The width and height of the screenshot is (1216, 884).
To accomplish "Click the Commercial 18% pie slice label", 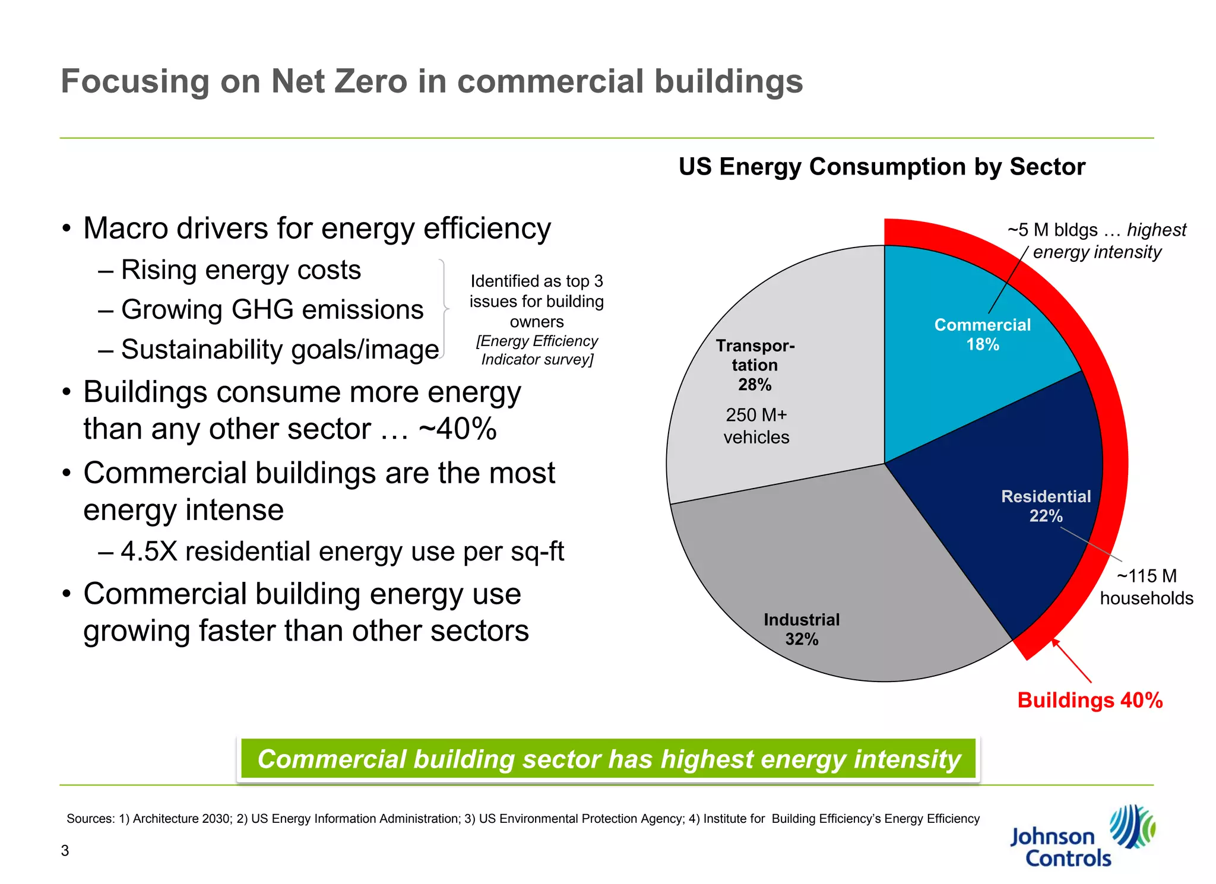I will click(x=982, y=334).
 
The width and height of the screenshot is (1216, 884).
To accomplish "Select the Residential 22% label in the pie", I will click(x=1046, y=506).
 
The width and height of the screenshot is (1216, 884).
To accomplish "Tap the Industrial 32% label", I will click(x=802, y=629).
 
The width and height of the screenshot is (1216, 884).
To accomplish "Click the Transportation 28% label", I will click(x=755, y=365).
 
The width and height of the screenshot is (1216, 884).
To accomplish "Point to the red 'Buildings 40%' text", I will click(x=1090, y=700).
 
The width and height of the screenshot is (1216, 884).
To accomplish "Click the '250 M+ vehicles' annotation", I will click(x=756, y=426).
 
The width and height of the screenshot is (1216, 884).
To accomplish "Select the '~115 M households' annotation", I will click(x=1146, y=587).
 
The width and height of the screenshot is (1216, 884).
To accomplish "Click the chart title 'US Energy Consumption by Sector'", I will click(x=882, y=167).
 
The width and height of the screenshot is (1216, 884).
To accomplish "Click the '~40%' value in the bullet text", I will click(x=457, y=429).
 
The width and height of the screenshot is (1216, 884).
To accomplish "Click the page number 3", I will click(x=65, y=851).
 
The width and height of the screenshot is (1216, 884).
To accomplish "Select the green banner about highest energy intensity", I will click(x=608, y=759).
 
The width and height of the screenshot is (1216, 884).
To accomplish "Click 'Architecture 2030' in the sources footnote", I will click(x=182, y=819).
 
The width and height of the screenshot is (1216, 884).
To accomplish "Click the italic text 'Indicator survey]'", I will click(x=537, y=360).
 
